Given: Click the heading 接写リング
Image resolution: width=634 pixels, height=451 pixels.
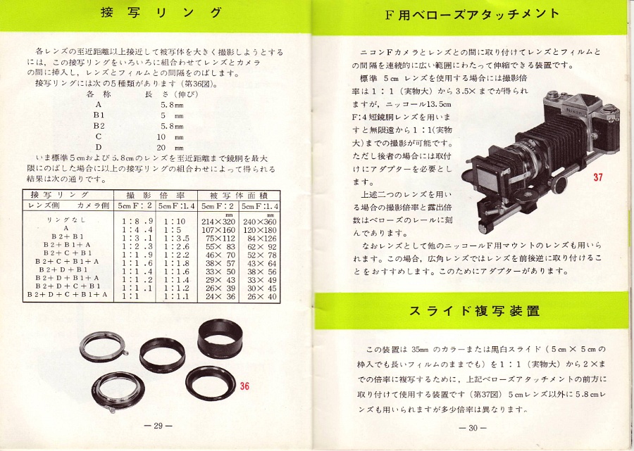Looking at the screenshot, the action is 161,13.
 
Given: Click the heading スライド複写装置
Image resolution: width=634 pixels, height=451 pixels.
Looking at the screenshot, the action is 474,311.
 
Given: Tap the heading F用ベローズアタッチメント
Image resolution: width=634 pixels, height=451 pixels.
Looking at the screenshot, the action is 473,15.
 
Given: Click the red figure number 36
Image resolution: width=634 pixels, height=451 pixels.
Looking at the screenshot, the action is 244,386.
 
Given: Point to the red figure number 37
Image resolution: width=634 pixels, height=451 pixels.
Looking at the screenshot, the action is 598,177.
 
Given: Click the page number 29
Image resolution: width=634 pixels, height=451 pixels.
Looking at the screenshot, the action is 158,426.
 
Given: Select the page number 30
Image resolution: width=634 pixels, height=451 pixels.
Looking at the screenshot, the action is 473,428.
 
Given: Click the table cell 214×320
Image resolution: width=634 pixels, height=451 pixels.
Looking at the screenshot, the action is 218,221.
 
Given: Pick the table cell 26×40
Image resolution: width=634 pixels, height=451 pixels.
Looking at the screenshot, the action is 262,296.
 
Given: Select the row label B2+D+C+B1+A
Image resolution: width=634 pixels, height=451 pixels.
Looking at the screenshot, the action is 68,294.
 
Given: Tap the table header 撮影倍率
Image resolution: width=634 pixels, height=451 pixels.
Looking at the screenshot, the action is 156,196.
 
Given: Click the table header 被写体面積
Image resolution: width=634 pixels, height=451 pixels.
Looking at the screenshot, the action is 239,196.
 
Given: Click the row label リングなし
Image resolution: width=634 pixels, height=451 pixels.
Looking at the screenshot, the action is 66,220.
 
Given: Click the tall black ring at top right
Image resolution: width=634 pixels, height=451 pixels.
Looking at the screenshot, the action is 220,338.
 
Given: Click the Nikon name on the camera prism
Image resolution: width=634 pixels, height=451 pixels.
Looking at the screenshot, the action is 575,110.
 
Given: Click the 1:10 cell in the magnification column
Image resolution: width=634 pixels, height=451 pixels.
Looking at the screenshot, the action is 175,221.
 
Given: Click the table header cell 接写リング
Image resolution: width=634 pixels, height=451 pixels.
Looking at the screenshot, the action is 60,195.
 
